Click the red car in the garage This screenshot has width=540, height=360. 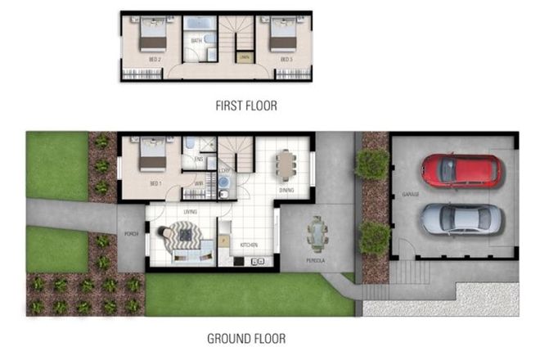click(460, 170)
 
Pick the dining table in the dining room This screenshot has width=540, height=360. click(284, 164)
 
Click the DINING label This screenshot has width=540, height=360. click(286, 191)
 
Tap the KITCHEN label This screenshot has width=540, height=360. click(250, 245)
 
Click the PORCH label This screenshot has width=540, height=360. click(130, 234)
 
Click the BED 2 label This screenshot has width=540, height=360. click(154, 59)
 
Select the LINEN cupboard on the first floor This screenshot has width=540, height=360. click(245, 57)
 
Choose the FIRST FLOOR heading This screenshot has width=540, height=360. click(246, 105)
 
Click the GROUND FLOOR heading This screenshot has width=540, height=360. click(245, 338)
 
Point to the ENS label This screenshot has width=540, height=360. click(198, 160)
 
